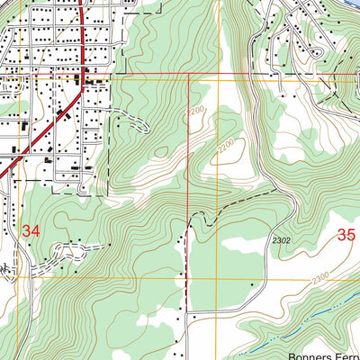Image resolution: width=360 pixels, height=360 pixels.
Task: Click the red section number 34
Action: pyautogui.click(x=31, y=231)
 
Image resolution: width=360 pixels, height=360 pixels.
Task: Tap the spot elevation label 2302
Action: pyautogui.click(x=282, y=239)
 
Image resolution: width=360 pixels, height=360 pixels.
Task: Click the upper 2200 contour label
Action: pyautogui.click(x=197, y=112)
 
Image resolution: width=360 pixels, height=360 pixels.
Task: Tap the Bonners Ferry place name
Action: pyautogui.click(x=324, y=355)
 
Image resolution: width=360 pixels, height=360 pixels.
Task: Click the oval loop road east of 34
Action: pyautogui.click(x=68, y=250)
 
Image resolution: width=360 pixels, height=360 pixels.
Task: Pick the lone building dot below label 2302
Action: pyautogui.click(x=253, y=284)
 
